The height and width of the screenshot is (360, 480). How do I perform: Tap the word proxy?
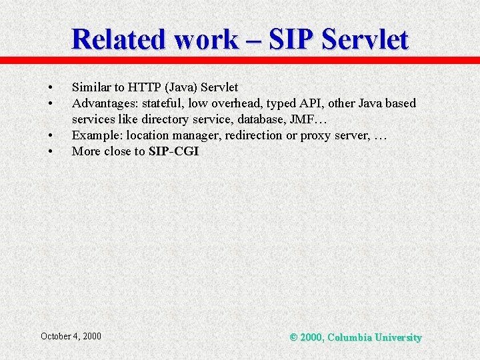(313, 135)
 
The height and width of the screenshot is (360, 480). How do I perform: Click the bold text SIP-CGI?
(173, 151)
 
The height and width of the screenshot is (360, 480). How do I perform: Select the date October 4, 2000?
(71, 336)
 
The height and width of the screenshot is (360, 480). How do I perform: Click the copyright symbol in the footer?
(294, 337)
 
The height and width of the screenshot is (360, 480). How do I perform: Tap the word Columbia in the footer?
(351, 337)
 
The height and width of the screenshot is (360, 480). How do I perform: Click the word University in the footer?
(398, 337)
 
